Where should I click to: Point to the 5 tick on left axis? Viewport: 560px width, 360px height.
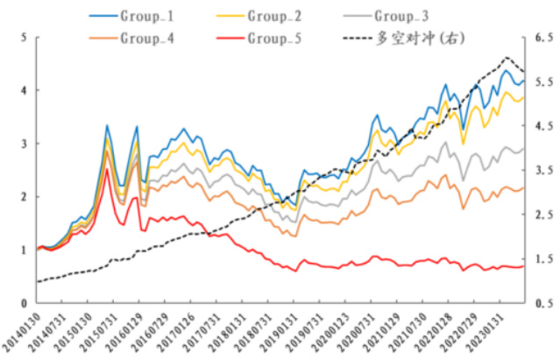[x=23, y=38]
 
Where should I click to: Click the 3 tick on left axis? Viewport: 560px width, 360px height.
[x=23, y=144]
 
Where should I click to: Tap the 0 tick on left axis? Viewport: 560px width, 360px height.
[x=23, y=303]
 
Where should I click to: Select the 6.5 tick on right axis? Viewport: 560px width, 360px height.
[x=543, y=38]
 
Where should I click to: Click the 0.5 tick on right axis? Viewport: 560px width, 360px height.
[x=543, y=303]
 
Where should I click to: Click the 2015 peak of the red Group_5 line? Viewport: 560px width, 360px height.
[x=107, y=169]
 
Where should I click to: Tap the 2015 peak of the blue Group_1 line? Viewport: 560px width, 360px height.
[x=107, y=125]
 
